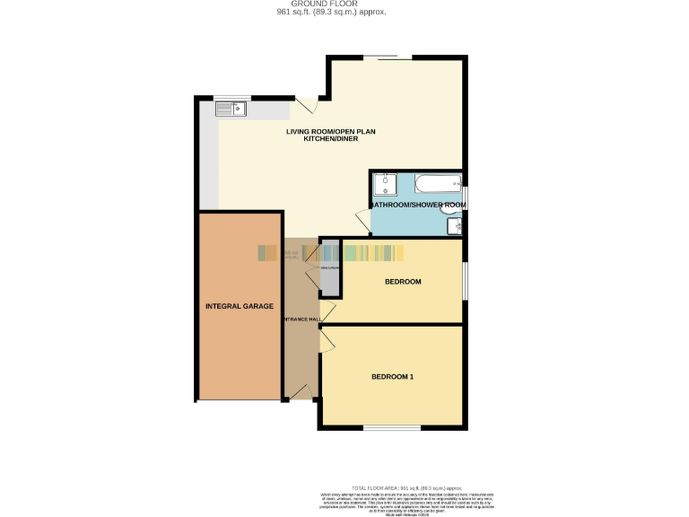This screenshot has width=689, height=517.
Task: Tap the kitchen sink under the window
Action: click(231, 109)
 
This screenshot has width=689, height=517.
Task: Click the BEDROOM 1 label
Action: click(392, 376)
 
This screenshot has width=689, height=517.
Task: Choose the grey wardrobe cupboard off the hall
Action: click(330, 269)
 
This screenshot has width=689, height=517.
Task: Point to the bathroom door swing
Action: click(362, 219)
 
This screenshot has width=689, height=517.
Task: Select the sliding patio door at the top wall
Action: click(388, 58)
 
